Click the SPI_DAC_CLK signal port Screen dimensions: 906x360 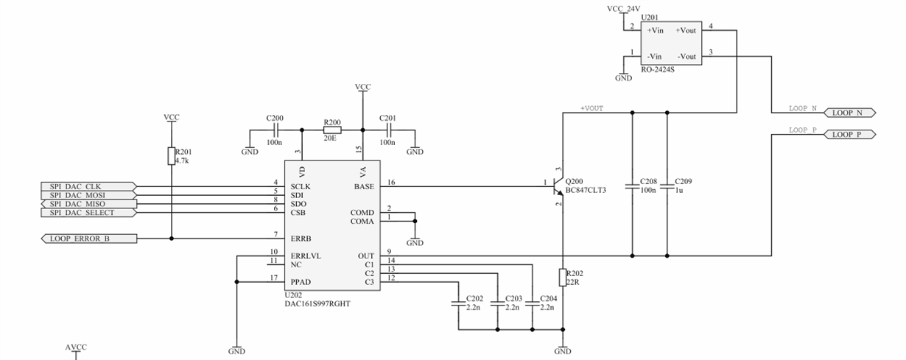click(88, 187)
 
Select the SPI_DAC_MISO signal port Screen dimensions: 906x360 click(88, 204)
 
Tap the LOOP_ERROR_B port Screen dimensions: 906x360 click(89, 239)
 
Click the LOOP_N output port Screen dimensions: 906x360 click(850, 113)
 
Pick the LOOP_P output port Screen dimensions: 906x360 click(850, 135)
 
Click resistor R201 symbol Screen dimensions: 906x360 click(172, 156)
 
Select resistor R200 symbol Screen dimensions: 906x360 click(332, 130)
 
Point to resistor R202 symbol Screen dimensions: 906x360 click(563, 277)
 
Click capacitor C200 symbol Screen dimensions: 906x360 click(275, 130)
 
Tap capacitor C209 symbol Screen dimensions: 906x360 click(667, 187)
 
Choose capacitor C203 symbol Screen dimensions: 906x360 click(497, 303)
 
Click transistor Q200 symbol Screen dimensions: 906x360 click(558, 187)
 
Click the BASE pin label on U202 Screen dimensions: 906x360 click(364, 187)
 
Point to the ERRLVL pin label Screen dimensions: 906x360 click(306, 256)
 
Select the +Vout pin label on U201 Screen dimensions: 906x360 click(686, 30)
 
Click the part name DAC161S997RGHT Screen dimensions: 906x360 click(317, 304)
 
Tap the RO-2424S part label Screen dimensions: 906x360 click(658, 69)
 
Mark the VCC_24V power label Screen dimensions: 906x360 click(624, 9)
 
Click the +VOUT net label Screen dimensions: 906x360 click(591, 108)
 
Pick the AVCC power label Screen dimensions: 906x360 click(76, 347)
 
